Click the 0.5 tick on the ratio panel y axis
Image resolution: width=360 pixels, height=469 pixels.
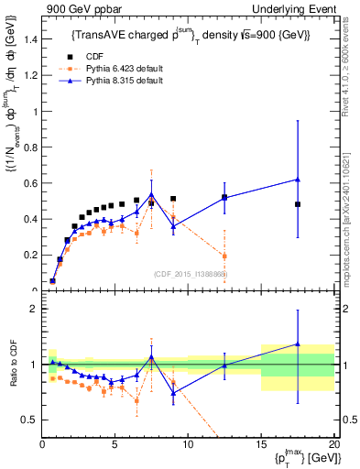pyautogui.click(x=27, y=420)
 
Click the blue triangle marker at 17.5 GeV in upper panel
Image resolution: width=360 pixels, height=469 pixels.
pyautogui.click(x=298, y=180)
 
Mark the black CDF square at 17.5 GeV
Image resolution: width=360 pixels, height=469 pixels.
pyautogui.click(x=298, y=204)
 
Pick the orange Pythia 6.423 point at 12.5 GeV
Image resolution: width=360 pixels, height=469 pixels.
pyautogui.click(x=224, y=256)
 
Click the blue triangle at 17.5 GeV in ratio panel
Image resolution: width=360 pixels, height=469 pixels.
pyautogui.click(x=298, y=344)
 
